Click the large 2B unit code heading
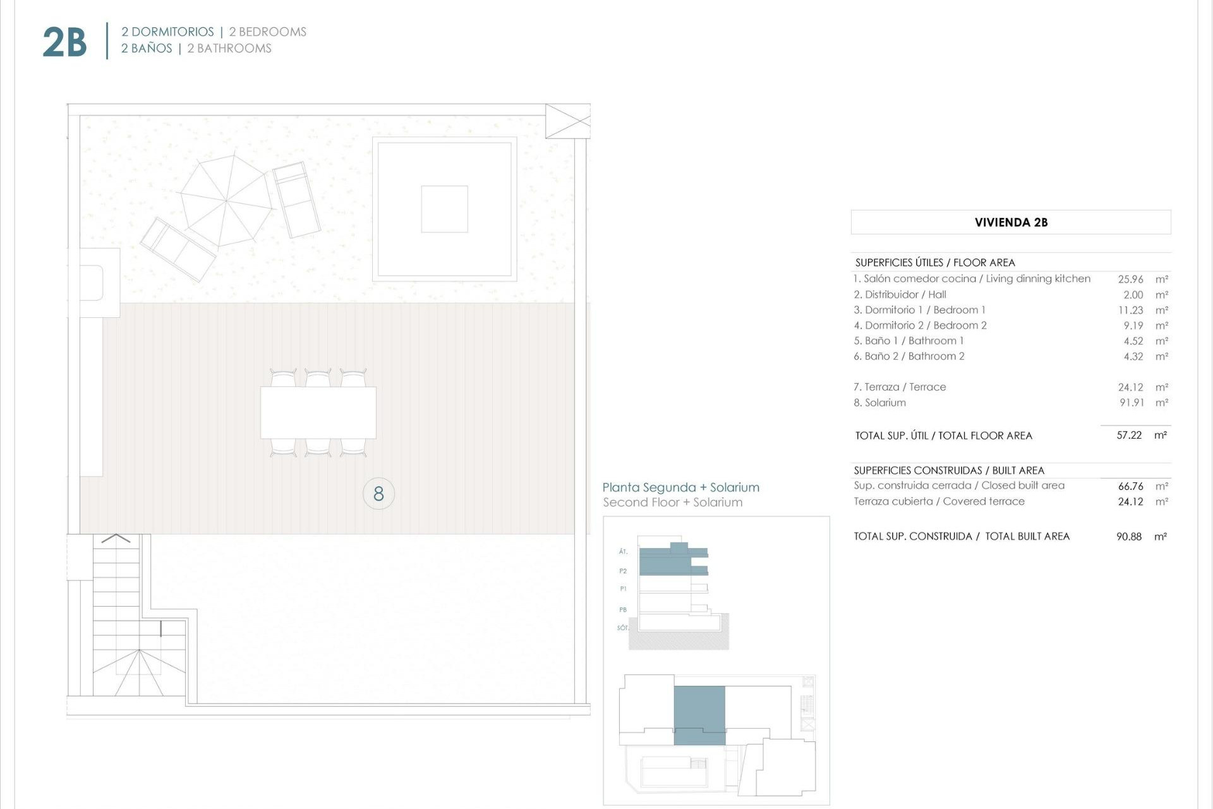coord(64,42)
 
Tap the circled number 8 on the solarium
coord(378,494)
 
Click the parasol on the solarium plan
coord(226,201)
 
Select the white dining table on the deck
coord(318,413)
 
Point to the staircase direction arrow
coord(116,538)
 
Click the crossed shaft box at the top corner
coord(567,121)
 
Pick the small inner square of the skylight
coord(444,209)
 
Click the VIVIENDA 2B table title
coord(1011,222)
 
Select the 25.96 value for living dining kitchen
coord(1130,279)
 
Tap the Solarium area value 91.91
coord(1132,403)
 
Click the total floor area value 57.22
coord(1129,435)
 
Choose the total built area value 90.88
coord(1129,537)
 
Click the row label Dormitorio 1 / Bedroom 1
coord(919,310)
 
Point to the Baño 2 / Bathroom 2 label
coord(909,356)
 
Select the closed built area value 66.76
coord(1130,486)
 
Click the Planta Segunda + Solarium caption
coord(680,487)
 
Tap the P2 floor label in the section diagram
coord(623,571)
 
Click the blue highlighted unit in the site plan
coord(699,714)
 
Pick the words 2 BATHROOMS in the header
coord(229,49)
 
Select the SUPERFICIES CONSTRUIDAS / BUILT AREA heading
coord(949,470)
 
